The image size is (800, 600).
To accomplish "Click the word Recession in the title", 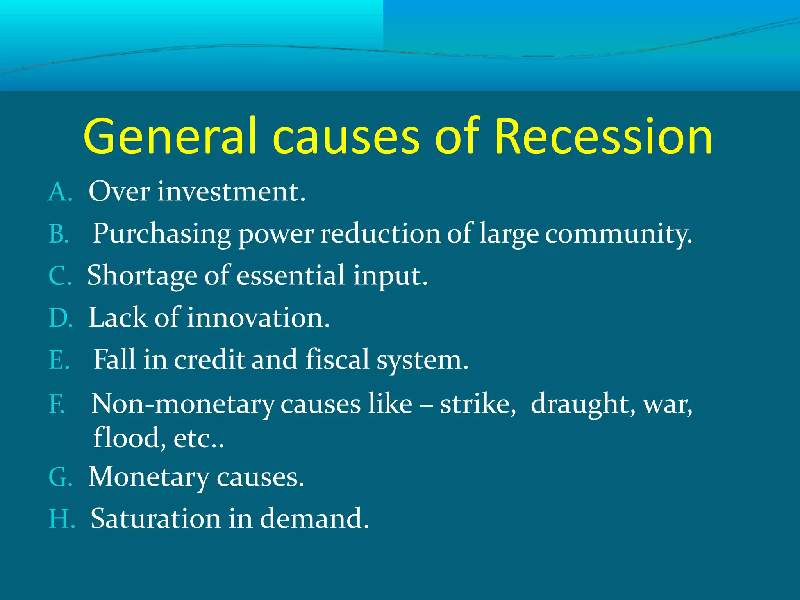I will tap(603, 137).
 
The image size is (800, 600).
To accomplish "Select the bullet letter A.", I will tap(59, 193).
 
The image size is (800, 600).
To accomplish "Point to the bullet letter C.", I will tap(59, 276).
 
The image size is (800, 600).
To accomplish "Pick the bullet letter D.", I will tap(59, 318).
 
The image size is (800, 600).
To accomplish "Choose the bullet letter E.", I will tap(58, 360).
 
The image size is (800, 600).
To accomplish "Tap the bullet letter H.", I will tap(61, 519).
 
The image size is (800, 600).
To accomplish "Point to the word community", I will tap(618, 234).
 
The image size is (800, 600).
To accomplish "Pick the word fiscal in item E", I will tap(337, 359).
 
